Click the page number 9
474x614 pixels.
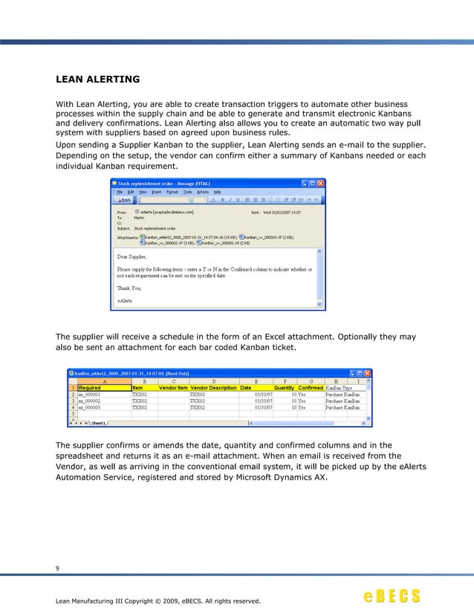tap(58, 569)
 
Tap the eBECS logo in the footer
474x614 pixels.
tap(392, 597)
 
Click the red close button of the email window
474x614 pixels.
tap(321, 183)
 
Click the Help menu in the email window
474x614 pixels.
tap(217, 191)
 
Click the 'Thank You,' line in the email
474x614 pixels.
tap(129, 288)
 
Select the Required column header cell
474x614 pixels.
tap(90, 388)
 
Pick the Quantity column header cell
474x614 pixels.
tap(285, 388)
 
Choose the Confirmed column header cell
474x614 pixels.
tap(311, 388)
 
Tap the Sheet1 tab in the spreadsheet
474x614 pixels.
tap(97, 423)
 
